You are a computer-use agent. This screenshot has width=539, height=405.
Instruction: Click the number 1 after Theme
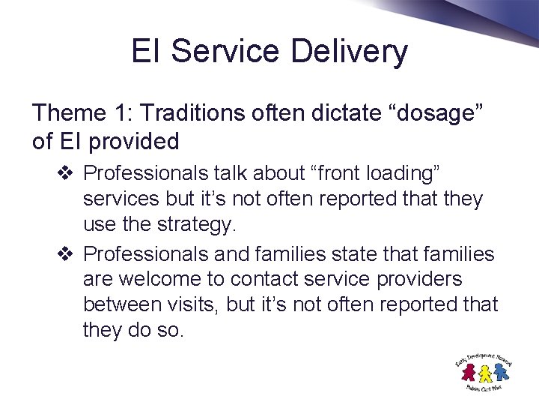pos(121,113)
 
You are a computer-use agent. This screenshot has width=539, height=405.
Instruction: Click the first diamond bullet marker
pos(64,173)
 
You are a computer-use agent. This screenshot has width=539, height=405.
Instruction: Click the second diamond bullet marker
pos(64,254)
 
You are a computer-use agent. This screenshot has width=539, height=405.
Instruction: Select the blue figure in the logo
pos(501,370)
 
